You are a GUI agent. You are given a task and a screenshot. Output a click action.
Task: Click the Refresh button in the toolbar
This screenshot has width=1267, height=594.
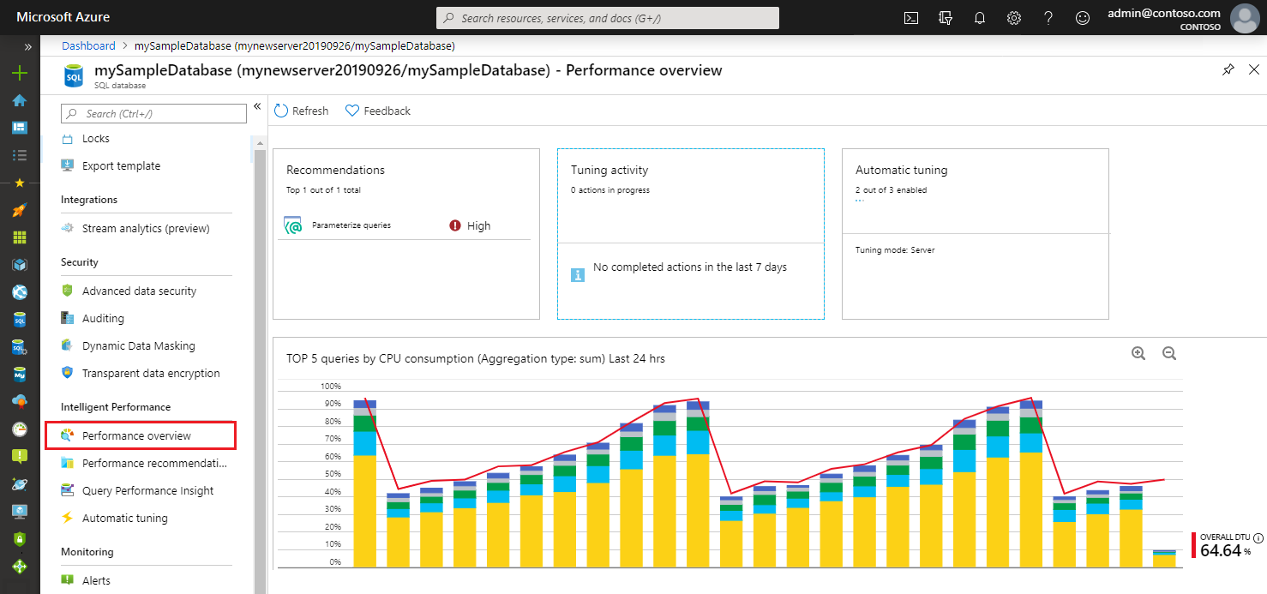pyautogui.click(x=301, y=111)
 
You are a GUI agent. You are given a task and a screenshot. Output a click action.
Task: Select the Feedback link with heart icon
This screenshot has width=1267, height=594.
pyautogui.click(x=378, y=111)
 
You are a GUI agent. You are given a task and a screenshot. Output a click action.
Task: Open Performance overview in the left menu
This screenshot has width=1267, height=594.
pyautogui.click(x=136, y=435)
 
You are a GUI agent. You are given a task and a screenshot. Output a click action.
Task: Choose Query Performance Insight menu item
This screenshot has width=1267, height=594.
pyautogui.click(x=147, y=490)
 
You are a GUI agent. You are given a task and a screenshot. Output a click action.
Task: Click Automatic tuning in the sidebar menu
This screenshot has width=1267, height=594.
pyautogui.click(x=124, y=518)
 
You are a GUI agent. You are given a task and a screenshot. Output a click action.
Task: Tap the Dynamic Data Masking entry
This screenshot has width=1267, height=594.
pyautogui.click(x=138, y=345)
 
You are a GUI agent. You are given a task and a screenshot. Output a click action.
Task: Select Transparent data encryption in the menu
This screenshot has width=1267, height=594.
pyautogui.click(x=150, y=373)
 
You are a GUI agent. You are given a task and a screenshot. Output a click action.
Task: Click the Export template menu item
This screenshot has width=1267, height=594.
pyautogui.click(x=121, y=165)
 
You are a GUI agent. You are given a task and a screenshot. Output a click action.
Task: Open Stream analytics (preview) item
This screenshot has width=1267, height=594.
pyautogui.click(x=145, y=228)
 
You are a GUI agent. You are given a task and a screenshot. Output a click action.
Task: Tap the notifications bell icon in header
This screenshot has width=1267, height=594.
pyautogui.click(x=980, y=18)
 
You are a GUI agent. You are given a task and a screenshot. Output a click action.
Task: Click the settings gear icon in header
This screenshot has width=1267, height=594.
pyautogui.click(x=1014, y=18)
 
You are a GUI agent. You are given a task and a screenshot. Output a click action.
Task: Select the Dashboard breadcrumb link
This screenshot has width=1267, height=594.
pyautogui.click(x=88, y=45)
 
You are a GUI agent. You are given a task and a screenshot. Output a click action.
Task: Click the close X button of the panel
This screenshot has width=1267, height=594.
pyautogui.click(x=1253, y=70)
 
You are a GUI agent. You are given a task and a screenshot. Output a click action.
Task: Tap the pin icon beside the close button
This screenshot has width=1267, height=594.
pyautogui.click(x=1228, y=70)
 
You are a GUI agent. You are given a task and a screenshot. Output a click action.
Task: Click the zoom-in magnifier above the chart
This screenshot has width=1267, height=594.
pyautogui.click(x=1138, y=353)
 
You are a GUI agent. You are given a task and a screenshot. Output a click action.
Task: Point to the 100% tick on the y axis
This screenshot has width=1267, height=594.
pyautogui.click(x=330, y=386)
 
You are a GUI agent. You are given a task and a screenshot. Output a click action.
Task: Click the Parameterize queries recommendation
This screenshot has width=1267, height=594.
pyautogui.click(x=351, y=225)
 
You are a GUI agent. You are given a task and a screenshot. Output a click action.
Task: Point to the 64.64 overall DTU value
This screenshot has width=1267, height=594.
pyautogui.click(x=1220, y=550)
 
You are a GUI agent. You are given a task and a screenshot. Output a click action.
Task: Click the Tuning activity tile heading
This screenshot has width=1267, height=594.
pyautogui.click(x=609, y=170)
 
